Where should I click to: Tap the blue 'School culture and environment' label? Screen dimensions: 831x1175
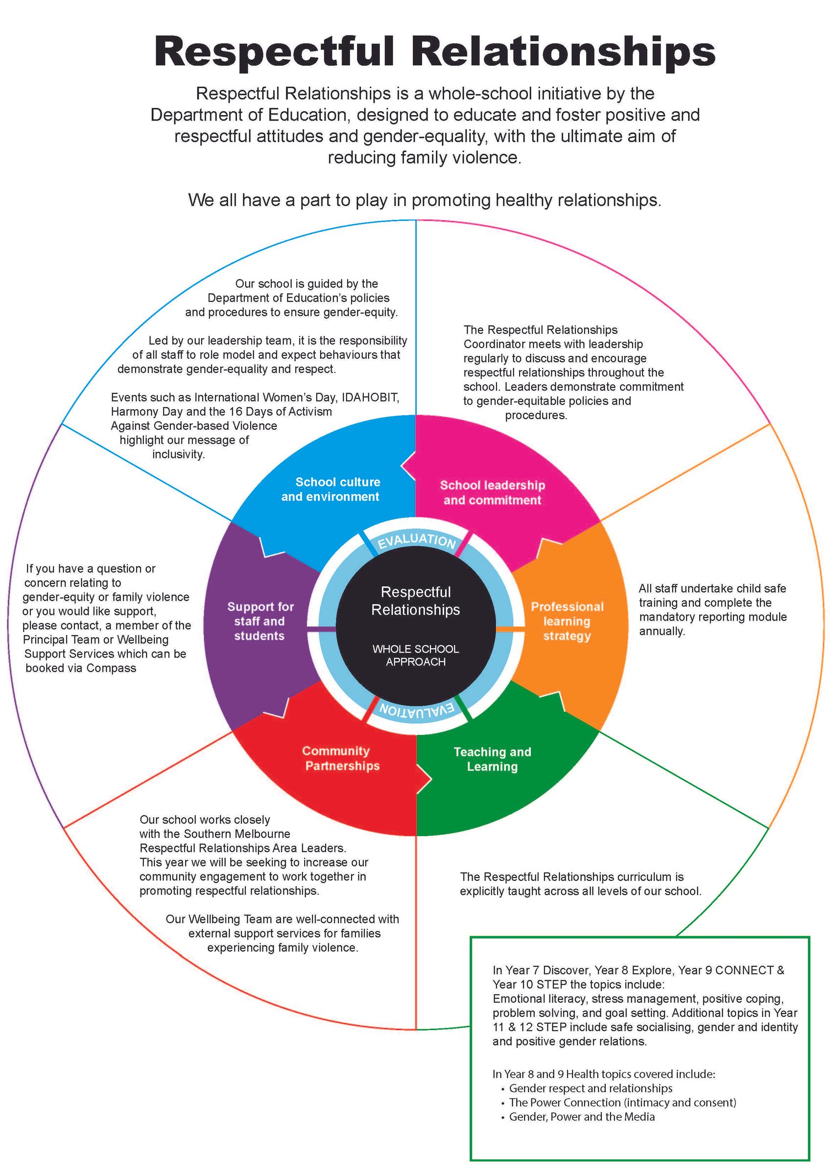331,489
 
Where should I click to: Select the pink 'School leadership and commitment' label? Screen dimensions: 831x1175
493,493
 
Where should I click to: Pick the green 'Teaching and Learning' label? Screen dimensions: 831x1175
492,759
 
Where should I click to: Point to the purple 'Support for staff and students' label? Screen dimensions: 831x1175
260,621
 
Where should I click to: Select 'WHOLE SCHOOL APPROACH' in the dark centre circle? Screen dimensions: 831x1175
416,655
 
